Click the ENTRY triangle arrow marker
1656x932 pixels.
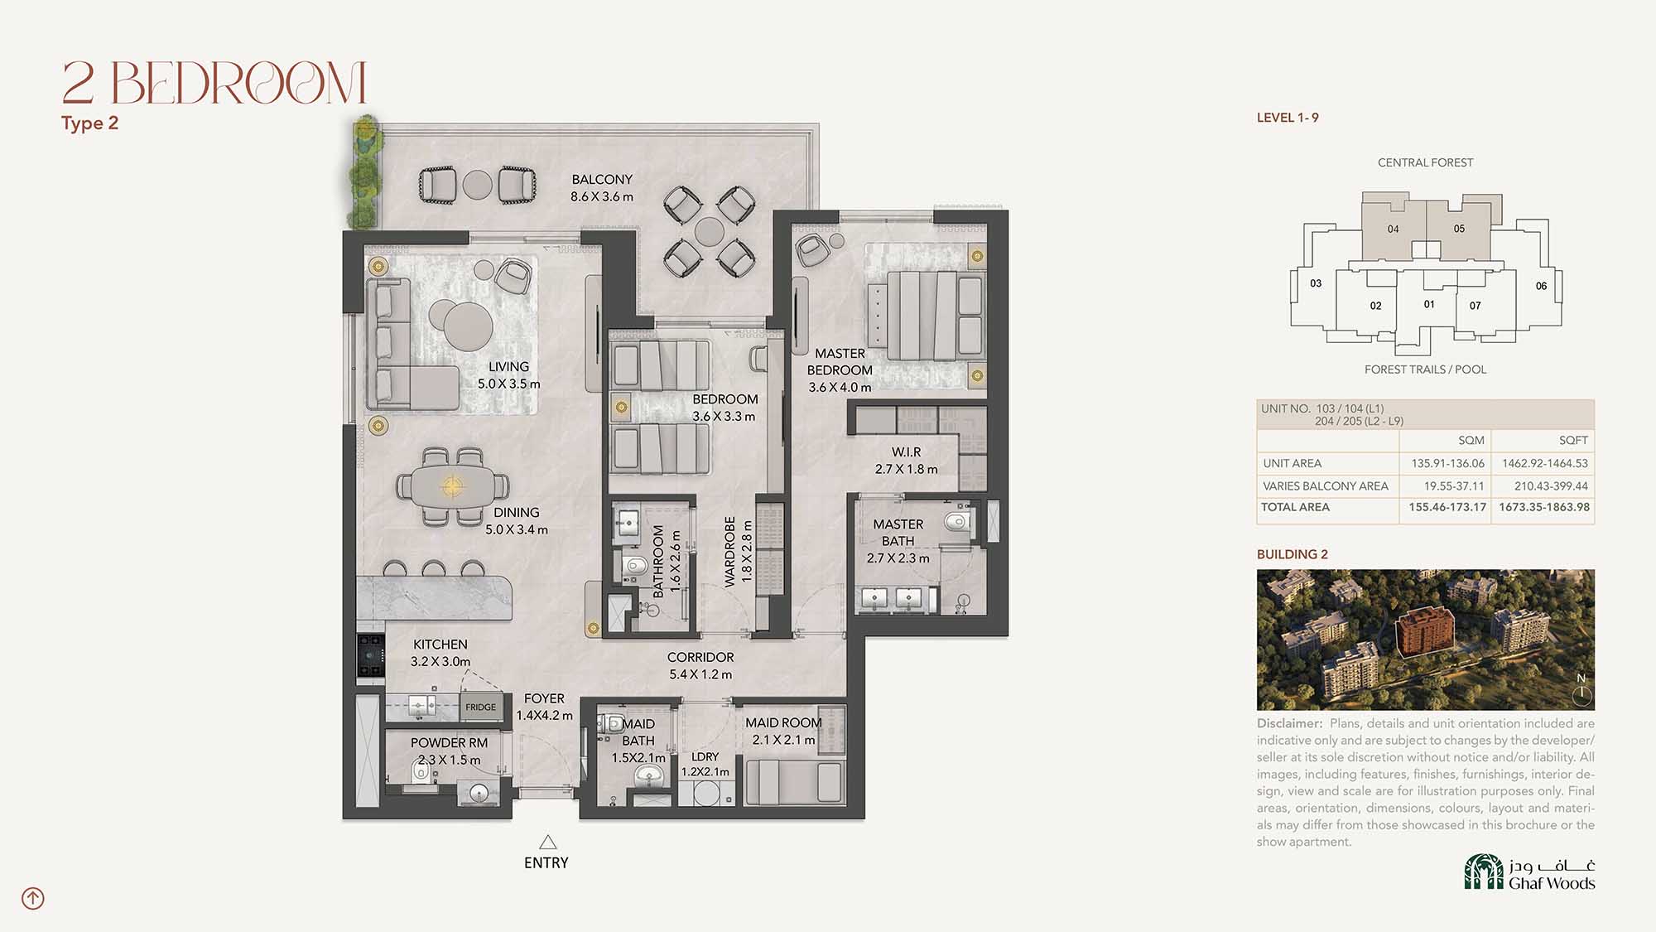pos(547,843)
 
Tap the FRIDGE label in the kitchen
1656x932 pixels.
pos(480,707)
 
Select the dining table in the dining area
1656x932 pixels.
pos(452,485)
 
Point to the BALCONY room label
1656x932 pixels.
pos(602,180)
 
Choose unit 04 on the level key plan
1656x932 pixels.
pos(1394,229)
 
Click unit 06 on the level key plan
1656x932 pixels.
pos(1541,286)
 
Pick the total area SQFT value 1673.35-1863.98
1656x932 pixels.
pos(1544,507)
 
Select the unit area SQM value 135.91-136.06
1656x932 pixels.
pos(1448,463)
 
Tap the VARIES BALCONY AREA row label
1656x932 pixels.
pos(1326,486)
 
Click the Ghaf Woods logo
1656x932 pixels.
pos(1529,872)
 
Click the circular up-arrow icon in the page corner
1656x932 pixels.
pos(33,898)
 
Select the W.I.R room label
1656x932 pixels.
pos(906,452)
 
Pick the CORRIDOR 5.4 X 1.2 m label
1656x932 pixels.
pos(700,666)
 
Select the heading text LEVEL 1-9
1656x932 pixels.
pos(1288,118)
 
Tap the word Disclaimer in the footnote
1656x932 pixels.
pos(1289,723)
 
